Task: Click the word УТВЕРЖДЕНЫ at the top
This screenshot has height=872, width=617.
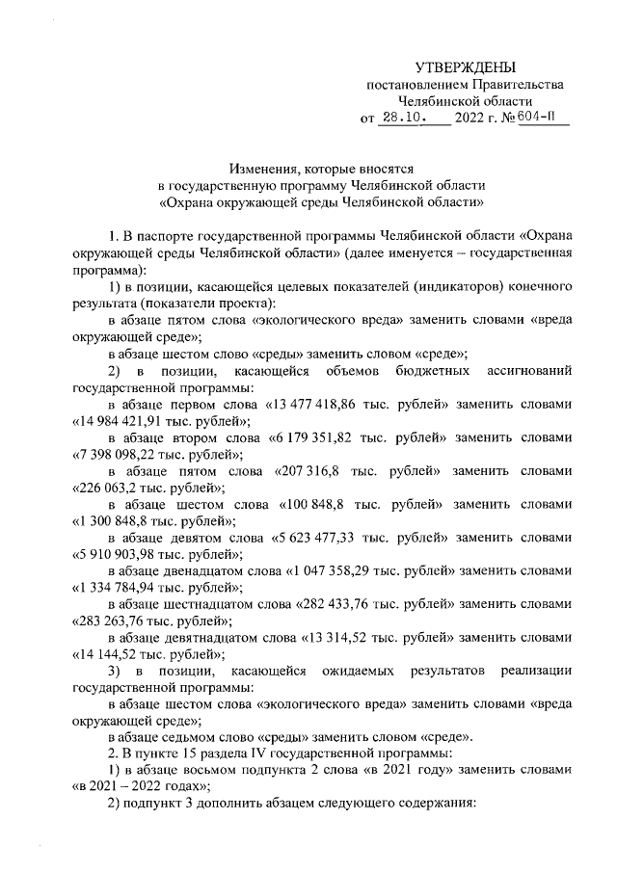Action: (465, 66)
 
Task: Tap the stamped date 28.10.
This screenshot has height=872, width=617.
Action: (402, 119)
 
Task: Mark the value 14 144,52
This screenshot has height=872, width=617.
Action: (109, 652)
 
